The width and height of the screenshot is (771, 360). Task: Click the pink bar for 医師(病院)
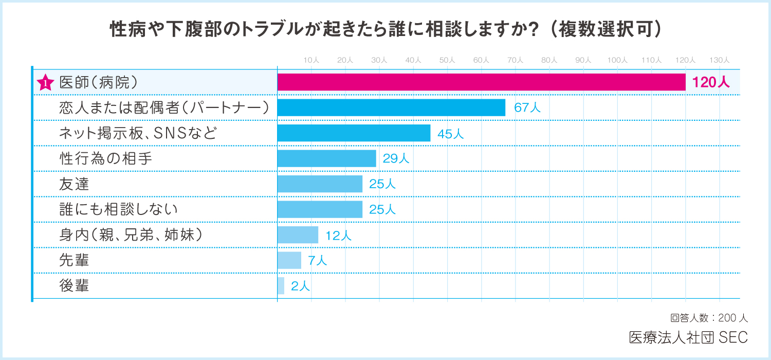[x=481, y=82]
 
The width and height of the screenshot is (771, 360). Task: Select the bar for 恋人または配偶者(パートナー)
[x=391, y=107]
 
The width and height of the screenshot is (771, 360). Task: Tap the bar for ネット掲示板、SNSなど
[x=354, y=133]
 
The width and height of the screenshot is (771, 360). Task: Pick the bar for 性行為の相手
[x=326, y=158]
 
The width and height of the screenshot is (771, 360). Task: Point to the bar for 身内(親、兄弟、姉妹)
[x=298, y=235]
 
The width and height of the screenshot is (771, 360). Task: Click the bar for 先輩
[x=289, y=260]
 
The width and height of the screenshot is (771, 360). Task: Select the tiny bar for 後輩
[x=281, y=286]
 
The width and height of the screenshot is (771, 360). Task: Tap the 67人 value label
[x=527, y=108]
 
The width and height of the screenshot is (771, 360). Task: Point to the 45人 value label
[x=451, y=134]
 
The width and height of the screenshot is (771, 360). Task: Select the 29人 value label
[x=396, y=159]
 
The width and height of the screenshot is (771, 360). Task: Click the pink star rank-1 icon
[x=46, y=83]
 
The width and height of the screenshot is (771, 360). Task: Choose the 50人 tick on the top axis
[x=447, y=60]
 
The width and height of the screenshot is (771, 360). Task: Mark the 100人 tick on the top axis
[x=617, y=60]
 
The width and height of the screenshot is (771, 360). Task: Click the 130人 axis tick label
[x=719, y=60]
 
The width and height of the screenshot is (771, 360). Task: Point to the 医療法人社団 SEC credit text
[x=688, y=337]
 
